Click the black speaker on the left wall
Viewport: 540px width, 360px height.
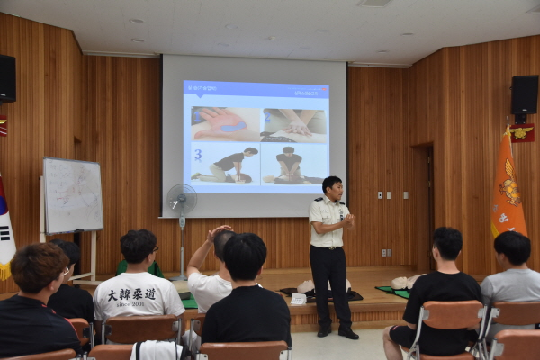(x=6, y=78)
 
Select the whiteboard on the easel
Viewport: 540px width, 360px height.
(x=72, y=194)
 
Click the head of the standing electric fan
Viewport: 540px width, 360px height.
(x=181, y=200)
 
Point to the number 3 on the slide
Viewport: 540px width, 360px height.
(x=198, y=155)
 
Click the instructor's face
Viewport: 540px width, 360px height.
(x=332, y=191)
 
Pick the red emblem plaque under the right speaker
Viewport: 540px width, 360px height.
(x=521, y=133)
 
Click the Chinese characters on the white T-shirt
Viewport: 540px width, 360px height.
(x=132, y=294)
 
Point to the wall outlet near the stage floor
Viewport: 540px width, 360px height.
(x=385, y=253)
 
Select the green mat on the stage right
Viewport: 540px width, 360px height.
(x=392, y=292)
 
